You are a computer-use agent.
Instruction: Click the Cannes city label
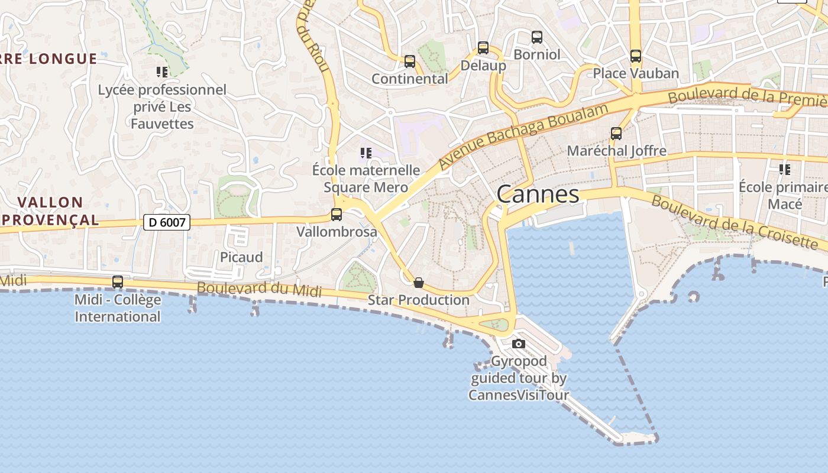tap(538, 194)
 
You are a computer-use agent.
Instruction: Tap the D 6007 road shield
tap(167, 222)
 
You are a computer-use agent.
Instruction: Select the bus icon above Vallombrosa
tap(337, 215)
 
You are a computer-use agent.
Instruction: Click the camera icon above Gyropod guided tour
tap(519, 344)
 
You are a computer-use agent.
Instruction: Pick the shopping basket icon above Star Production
tap(419, 283)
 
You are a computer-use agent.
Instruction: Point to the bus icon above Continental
tap(409, 61)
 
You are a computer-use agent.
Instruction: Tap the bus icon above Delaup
tap(483, 48)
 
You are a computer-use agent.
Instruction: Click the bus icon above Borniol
tap(537, 37)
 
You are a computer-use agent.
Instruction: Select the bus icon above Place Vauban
tap(636, 56)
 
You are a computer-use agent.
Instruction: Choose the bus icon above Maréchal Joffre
tap(616, 134)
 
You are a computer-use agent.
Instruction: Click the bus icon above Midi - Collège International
tap(118, 282)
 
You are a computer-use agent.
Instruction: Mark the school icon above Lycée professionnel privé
tap(162, 72)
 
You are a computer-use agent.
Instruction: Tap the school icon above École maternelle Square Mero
tap(366, 153)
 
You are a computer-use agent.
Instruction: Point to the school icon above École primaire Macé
tap(785, 170)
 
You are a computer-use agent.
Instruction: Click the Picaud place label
tap(241, 257)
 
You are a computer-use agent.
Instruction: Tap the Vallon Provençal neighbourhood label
tap(50, 211)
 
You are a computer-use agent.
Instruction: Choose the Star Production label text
tap(419, 300)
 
